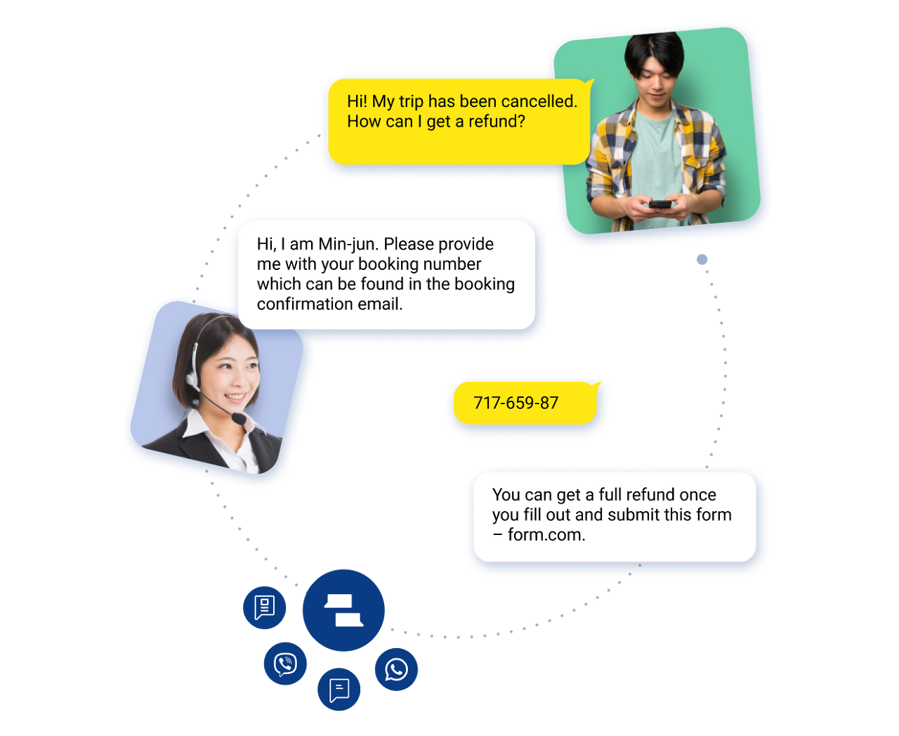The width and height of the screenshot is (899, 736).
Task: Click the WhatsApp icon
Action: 396,669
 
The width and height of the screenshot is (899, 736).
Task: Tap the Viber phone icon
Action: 285,664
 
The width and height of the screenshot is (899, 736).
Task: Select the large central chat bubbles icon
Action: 343,610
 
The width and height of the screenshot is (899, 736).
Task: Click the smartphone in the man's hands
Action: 660,205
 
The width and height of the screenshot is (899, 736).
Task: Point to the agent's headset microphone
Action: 239,418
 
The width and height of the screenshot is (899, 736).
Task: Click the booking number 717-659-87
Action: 516,403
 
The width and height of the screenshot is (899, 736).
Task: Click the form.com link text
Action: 546,535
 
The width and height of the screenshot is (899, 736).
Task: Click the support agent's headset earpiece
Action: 192,380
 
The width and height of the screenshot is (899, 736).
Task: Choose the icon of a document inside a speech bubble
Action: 264,607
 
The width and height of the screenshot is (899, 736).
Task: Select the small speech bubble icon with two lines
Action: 339,690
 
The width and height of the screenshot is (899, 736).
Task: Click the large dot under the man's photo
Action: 702,259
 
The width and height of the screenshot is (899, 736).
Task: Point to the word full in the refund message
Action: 610,495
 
